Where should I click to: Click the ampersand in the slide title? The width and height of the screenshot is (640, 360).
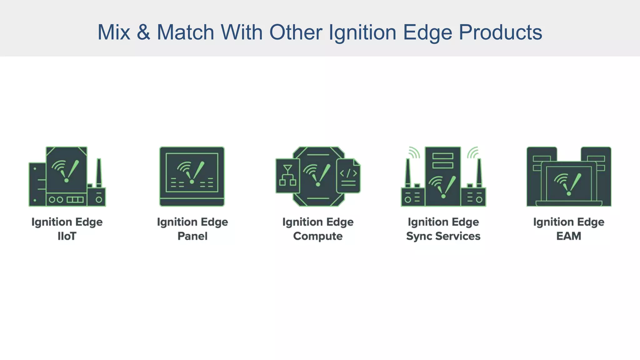(143, 32)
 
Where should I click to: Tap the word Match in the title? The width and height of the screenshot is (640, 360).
(185, 32)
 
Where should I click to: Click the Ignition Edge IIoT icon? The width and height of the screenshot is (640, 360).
(67, 177)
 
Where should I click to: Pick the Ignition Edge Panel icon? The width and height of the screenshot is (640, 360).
(192, 177)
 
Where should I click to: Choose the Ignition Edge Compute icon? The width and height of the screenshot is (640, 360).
(318, 177)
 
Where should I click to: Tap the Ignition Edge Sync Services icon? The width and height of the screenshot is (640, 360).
(443, 177)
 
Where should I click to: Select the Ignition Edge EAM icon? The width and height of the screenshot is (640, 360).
(569, 177)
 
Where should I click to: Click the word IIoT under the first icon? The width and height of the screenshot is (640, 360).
(67, 236)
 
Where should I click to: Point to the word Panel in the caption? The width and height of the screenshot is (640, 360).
(192, 236)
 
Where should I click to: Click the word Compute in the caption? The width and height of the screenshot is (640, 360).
(318, 236)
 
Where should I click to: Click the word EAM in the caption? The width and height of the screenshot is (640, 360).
(569, 236)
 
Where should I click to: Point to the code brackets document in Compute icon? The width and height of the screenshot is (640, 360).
(348, 176)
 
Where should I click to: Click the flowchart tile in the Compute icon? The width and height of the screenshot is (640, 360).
(287, 176)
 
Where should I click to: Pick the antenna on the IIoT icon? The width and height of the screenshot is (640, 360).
(99, 172)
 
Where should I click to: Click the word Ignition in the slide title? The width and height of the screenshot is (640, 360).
(362, 32)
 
